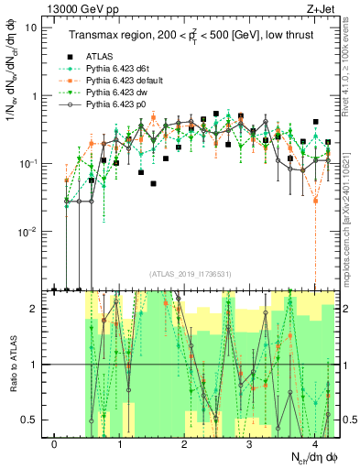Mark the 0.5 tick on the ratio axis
pyautogui.click(x=33, y=420)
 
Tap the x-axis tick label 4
pyautogui.click(x=313, y=445)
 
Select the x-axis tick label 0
pyautogui.click(x=55, y=445)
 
